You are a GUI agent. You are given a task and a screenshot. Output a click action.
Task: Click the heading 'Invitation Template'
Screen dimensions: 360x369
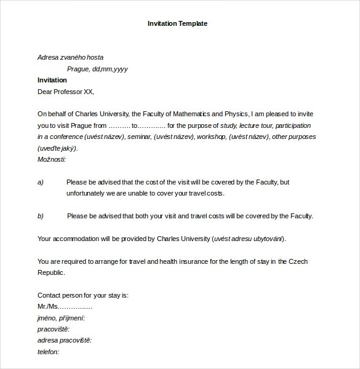pos(177,23)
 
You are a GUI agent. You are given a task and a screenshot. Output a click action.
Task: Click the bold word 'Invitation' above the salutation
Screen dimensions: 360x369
pos(52,80)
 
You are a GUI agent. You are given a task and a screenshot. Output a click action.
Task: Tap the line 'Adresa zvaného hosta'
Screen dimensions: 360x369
pos(70,57)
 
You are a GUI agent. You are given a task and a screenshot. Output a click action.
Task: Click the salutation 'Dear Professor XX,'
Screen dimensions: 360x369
pos(66,92)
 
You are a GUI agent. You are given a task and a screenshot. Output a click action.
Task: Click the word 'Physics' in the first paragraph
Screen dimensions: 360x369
pos(236,114)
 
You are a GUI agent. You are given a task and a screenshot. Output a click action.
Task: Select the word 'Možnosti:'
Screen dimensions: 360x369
pos(51,159)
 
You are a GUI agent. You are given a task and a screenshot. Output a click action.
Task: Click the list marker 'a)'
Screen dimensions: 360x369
pos(41,182)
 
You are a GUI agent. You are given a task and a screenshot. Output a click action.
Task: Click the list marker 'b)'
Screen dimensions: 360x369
pos(41,216)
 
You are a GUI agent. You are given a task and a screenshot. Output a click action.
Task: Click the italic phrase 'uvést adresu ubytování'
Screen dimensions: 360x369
pos(249,239)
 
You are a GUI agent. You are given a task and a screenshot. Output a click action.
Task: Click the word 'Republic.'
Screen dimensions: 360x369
pos(51,272)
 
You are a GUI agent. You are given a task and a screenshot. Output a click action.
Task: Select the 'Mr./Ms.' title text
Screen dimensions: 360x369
pos(47,306)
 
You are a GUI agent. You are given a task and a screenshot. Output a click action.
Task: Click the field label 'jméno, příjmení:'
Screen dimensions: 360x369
pos(61,318)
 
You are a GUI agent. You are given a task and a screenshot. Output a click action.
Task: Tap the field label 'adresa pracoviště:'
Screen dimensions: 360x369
pos(64,340)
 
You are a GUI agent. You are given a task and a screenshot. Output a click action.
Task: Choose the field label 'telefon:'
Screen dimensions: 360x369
pos(49,352)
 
